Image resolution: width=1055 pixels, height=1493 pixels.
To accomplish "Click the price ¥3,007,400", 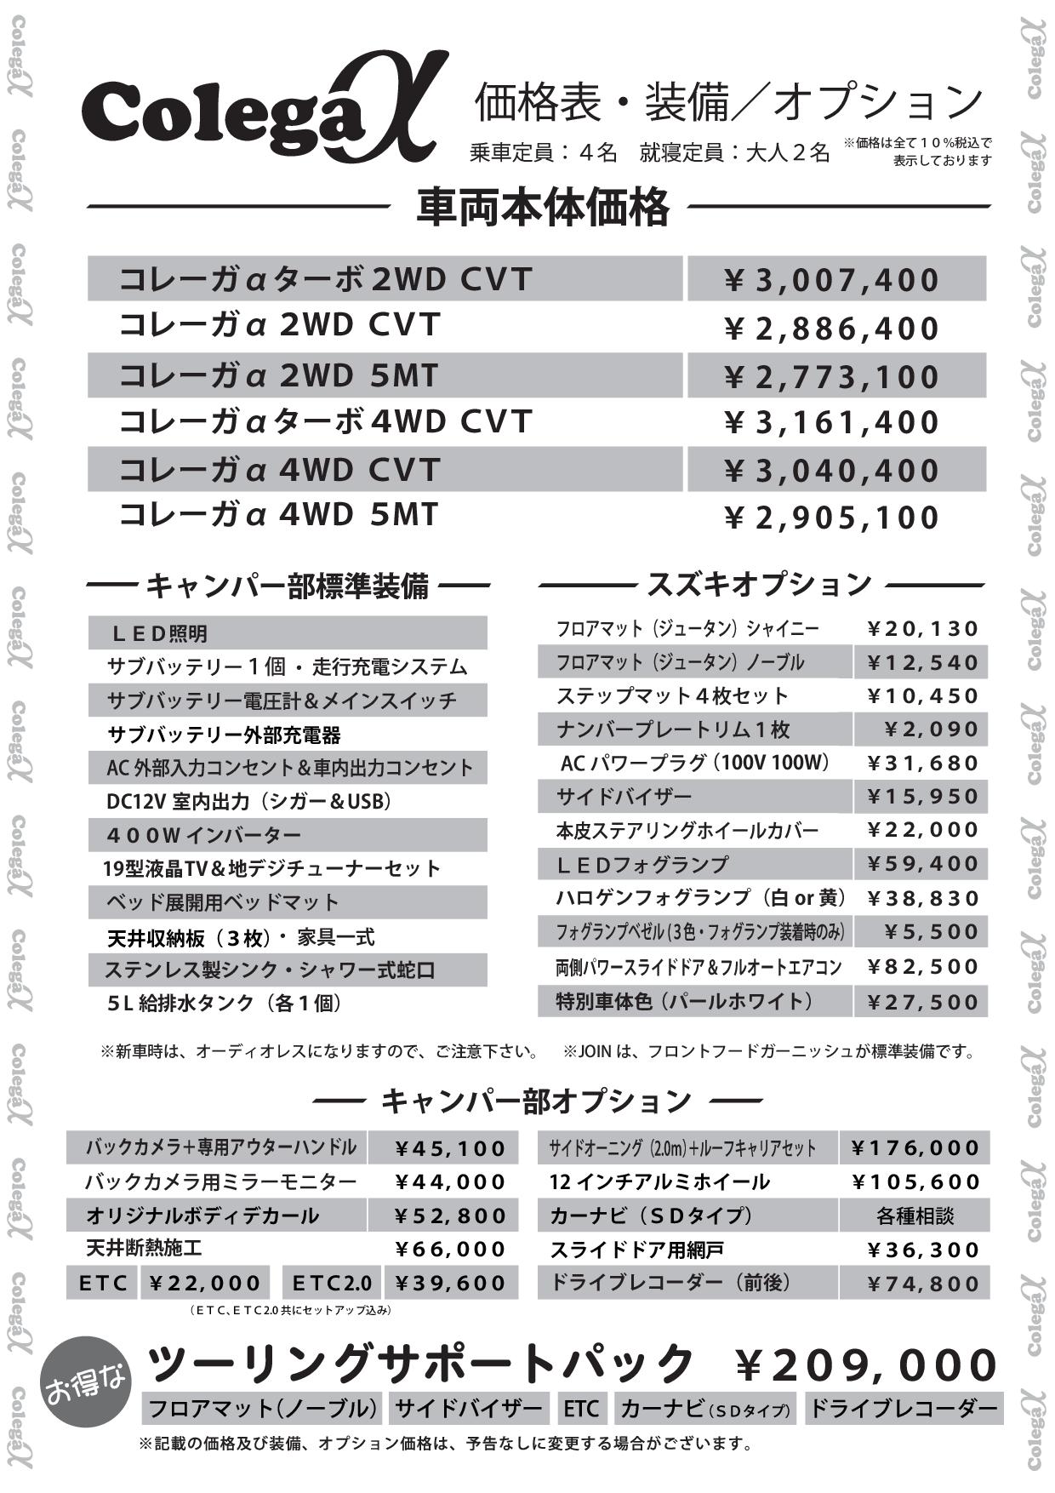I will point(831,280).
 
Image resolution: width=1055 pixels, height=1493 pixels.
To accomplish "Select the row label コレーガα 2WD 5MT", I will point(279,375).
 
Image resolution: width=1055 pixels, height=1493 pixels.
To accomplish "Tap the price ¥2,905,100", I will point(831,517).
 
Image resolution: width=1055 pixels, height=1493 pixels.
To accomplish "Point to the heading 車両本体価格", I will point(542,207).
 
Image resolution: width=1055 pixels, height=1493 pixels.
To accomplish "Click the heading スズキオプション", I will point(760,584).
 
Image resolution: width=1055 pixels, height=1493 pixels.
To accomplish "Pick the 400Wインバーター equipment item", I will point(204,835).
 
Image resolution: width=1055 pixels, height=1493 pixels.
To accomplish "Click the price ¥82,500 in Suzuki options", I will point(922,966).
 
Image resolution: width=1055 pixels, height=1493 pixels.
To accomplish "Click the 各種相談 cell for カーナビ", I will point(915,1216).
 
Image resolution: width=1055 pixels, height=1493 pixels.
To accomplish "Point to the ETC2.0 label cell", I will point(332,1283).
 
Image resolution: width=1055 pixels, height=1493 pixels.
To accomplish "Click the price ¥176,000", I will point(915,1148).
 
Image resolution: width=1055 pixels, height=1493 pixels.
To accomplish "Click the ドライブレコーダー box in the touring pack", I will point(903,1409).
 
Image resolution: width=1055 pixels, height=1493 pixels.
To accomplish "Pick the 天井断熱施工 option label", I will point(144,1249).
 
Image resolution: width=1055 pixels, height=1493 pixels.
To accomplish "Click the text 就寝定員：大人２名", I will point(734,153).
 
